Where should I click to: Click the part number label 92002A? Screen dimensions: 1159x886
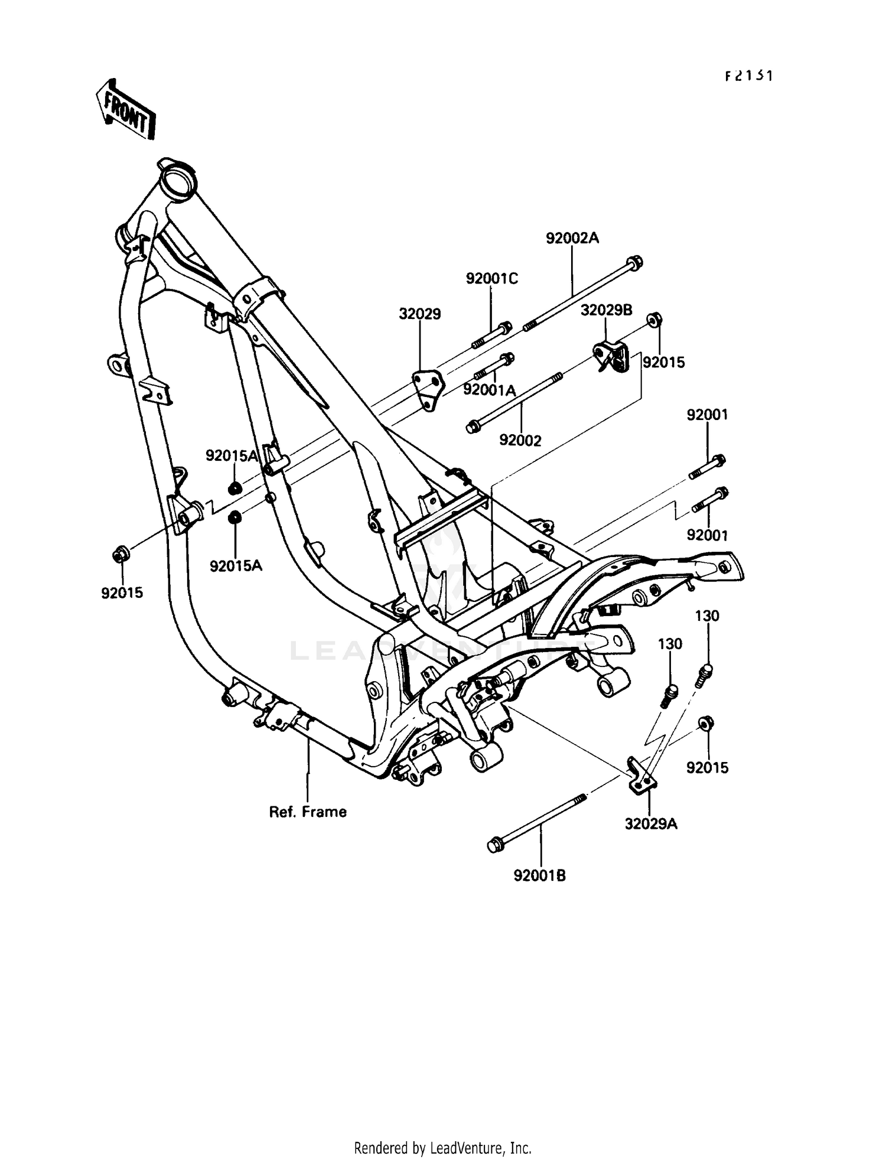click(x=572, y=238)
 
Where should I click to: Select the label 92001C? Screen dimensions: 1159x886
click(x=491, y=278)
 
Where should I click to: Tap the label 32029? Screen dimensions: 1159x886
click(x=419, y=314)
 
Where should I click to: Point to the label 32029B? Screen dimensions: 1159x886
click(x=606, y=310)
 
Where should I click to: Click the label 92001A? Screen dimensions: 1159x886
click(x=490, y=390)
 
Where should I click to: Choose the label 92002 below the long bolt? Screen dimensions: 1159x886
click(x=520, y=441)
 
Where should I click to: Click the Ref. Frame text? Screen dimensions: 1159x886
click(x=308, y=812)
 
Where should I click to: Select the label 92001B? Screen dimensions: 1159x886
click(x=539, y=875)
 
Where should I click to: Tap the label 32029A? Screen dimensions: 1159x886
click(x=651, y=823)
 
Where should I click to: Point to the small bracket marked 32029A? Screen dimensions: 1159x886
click(x=640, y=776)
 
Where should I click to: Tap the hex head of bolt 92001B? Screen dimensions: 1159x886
click(x=494, y=845)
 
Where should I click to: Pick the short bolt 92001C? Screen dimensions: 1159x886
click(x=491, y=335)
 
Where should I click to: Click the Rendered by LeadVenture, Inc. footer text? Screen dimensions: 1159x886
click(x=442, y=1148)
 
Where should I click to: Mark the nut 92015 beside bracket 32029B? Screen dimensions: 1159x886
click(x=653, y=320)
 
